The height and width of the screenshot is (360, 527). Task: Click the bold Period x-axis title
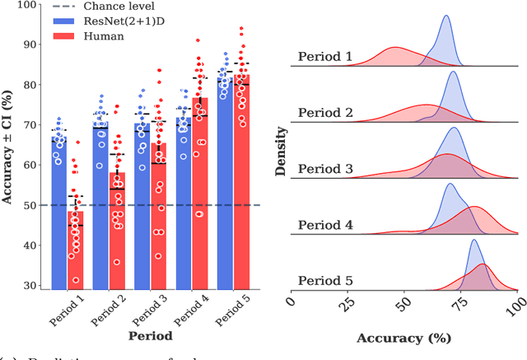(x=149, y=336)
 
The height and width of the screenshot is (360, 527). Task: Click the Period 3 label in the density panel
(x=325, y=169)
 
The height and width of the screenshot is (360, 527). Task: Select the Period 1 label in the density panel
(x=325, y=57)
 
